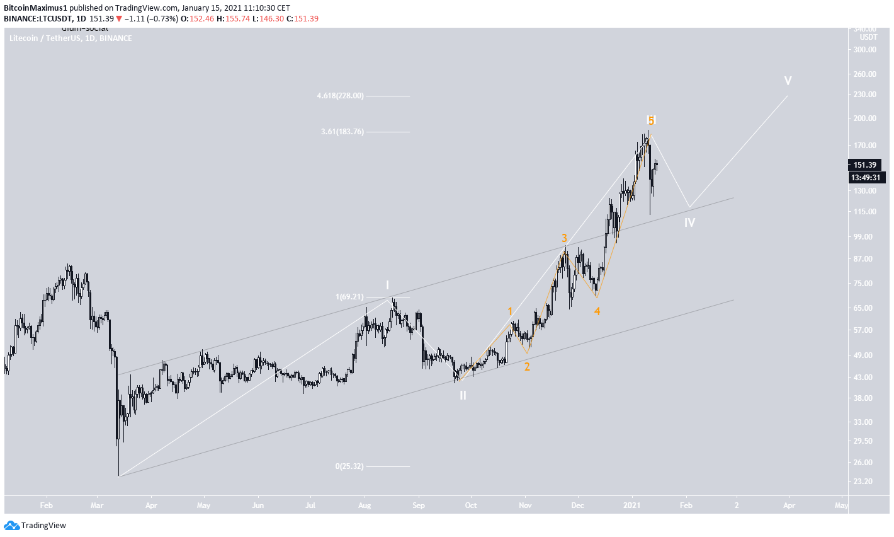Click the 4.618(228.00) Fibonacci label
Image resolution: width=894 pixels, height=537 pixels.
pos(340,96)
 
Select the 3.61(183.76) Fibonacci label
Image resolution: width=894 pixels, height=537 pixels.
pos(342,132)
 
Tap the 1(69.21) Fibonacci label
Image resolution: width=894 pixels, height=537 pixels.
pos(349,296)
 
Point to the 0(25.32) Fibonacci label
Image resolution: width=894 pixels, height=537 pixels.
pos(349,466)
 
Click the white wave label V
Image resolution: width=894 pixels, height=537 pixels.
pos(788,81)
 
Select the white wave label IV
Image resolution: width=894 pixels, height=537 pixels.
pos(689,222)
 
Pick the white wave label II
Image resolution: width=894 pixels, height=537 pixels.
pos(463,395)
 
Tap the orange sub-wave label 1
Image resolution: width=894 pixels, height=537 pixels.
pos(510,311)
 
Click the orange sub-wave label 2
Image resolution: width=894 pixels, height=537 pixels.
pos(527,366)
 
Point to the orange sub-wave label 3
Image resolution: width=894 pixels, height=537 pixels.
pos(565,238)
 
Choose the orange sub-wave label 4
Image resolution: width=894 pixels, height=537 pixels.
pos(597,311)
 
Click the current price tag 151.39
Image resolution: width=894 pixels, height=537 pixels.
pos(864,165)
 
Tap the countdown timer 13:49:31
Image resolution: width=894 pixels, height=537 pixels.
pos(866,177)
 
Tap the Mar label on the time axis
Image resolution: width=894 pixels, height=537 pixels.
pos(96,505)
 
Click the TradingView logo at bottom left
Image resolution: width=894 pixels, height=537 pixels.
pos(35,525)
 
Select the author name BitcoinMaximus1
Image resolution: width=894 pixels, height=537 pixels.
pos(35,8)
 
